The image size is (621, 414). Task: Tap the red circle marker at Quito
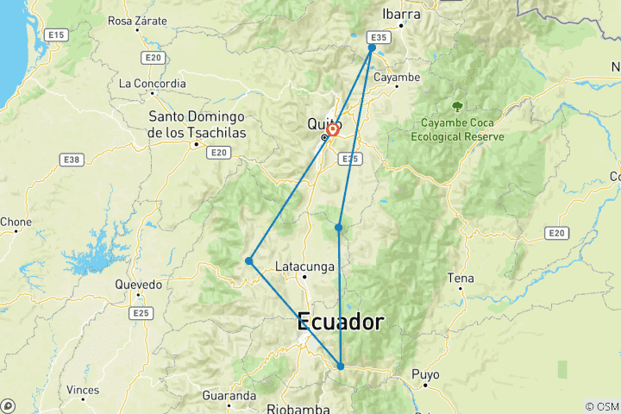tap(332, 130)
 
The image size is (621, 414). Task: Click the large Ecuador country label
tap(340, 322)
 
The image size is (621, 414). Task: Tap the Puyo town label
tap(426, 374)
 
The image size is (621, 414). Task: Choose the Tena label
tap(461, 278)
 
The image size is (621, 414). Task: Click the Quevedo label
tap(139, 284)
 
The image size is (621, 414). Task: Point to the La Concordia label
tap(153, 84)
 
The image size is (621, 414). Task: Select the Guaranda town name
tap(229, 396)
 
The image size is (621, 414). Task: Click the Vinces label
tap(83, 390)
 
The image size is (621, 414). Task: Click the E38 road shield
tap(72, 159)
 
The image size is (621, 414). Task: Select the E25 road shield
tap(142, 313)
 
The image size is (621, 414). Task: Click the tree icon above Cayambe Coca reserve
tap(457, 106)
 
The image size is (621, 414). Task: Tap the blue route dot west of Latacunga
tap(248, 260)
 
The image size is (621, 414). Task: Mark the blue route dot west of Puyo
tap(341, 367)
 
